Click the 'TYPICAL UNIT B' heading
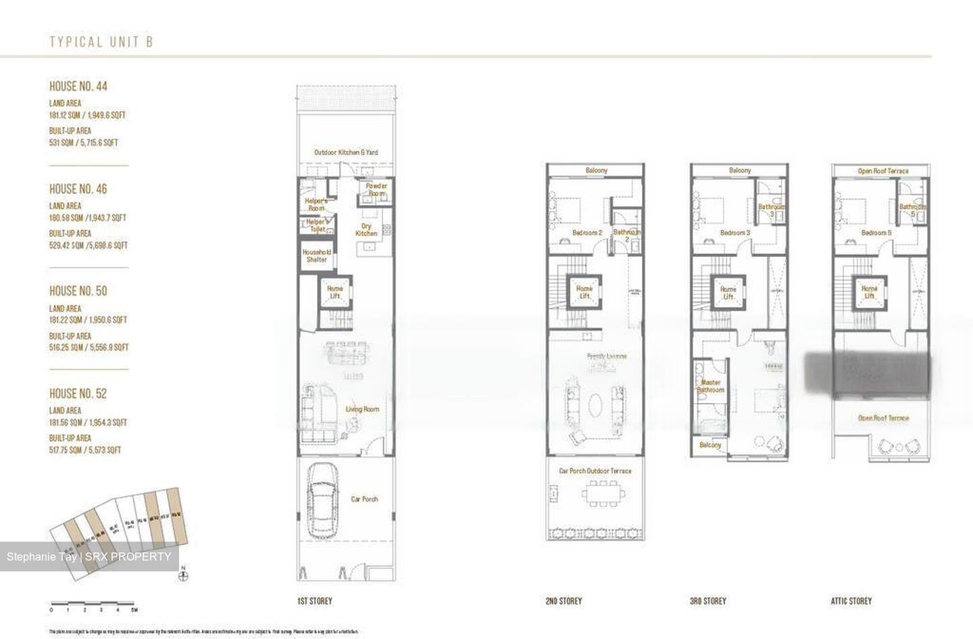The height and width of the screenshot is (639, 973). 101,42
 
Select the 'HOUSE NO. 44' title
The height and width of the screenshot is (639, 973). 78,87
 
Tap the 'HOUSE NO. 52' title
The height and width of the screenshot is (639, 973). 78,394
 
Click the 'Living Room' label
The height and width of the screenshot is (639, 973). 362,409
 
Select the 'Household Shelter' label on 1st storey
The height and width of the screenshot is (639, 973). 316,256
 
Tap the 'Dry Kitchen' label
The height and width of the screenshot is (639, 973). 366,230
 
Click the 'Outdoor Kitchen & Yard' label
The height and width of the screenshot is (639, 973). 346,152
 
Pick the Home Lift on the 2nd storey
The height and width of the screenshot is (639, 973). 584,292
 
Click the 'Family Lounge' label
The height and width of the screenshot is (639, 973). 606,356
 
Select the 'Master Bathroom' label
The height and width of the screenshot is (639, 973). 711,386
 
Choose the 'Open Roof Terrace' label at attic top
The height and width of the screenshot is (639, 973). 882,171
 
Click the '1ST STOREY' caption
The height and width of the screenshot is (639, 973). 314,600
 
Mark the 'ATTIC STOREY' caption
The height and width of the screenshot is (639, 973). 851,600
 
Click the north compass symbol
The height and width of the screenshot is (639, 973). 183,576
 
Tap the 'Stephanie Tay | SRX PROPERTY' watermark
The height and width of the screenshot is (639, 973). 89,557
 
